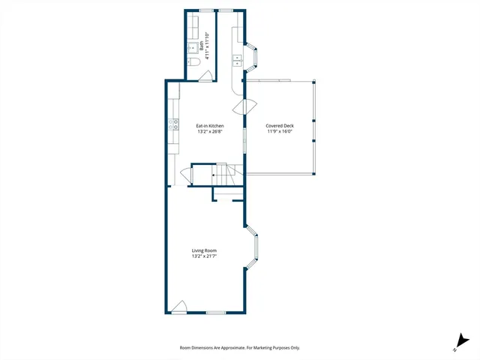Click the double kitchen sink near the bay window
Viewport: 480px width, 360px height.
tap(238, 60)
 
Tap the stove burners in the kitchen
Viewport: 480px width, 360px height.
tap(174, 124)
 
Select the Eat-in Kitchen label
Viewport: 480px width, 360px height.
tap(210, 125)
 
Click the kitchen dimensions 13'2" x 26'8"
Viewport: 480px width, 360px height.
tap(210, 131)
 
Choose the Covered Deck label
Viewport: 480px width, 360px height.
tap(279, 125)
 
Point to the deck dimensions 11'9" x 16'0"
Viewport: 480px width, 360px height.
tap(279, 131)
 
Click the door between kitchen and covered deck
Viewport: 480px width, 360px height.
tap(240, 106)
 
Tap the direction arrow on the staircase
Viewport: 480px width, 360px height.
tap(215, 175)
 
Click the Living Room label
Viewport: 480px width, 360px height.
tap(205, 250)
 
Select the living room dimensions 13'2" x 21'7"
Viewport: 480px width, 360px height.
tap(205, 256)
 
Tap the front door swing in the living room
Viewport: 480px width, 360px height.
tap(178, 306)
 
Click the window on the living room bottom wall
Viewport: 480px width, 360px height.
tap(216, 312)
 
